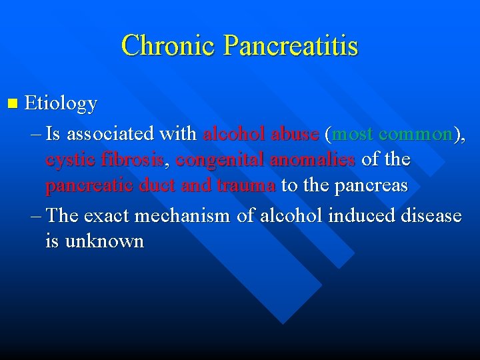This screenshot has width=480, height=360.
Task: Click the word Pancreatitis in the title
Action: [x=291, y=46]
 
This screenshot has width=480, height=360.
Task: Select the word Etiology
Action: [x=61, y=104]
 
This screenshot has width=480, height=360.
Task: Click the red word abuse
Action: [x=295, y=134]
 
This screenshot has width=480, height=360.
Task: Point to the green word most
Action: [x=353, y=134]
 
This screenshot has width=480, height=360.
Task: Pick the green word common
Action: [x=415, y=134]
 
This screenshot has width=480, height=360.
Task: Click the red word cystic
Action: [x=69, y=160]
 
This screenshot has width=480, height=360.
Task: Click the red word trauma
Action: [x=245, y=185]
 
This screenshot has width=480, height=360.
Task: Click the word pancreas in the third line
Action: [x=372, y=185]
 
